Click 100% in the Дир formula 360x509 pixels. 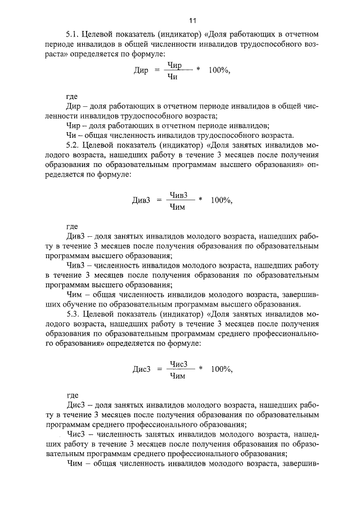(x=219, y=71)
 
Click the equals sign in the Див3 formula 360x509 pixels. (x=159, y=200)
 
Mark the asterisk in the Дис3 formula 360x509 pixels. (x=200, y=368)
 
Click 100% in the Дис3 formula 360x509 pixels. (x=221, y=369)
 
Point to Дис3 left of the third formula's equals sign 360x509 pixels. (x=142, y=370)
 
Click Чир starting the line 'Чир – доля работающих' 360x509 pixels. (x=74, y=125)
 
